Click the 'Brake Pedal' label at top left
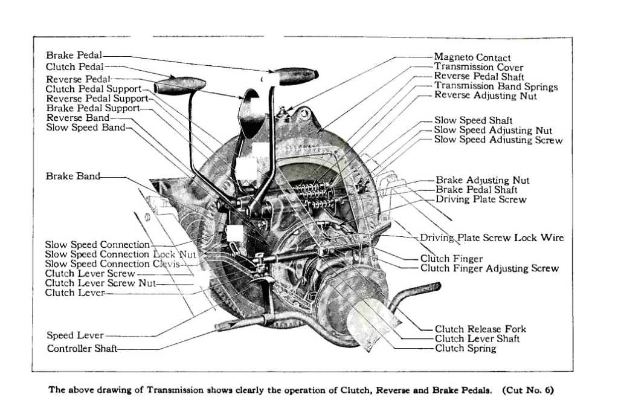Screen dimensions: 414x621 74,56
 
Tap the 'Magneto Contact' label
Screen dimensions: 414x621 472,57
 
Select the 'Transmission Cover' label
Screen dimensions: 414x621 478,67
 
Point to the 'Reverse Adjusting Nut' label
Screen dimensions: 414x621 484,95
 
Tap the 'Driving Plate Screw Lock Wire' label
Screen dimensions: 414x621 492,238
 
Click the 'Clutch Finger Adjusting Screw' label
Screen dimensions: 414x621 489,268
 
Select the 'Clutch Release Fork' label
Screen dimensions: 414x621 480,329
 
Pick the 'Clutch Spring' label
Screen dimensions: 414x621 465,348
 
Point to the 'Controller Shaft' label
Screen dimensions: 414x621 82,349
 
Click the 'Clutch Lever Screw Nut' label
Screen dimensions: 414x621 100,283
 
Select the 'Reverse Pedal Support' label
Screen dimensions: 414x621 97,99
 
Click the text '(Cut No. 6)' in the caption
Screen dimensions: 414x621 527,390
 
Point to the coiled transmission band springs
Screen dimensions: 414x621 314,193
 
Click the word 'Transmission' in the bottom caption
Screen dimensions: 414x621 179,390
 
